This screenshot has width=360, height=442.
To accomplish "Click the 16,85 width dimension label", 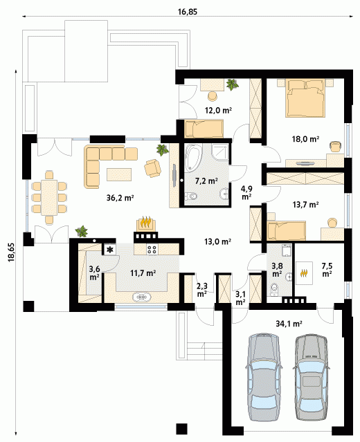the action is pos(188,12).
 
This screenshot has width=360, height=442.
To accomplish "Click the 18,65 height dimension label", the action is pos(12,253).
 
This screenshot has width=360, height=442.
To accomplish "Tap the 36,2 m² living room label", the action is pos(120,198).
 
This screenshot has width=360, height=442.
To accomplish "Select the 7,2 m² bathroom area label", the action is pos(206,181).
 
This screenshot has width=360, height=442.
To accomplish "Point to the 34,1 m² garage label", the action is pos(289,324).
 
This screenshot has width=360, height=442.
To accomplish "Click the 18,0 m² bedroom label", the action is pos(305,139).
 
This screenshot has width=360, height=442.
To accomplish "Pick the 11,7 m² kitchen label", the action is pos(143,273).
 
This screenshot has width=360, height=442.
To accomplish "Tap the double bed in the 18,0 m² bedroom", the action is pos(305,98).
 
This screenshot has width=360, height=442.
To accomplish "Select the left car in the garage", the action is pos(264,374).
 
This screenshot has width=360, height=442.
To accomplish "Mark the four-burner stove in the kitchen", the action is pos(152,249).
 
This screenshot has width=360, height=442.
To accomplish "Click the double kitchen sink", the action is pos(142,297).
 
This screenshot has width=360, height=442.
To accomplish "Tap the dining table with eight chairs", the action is pos(49,197).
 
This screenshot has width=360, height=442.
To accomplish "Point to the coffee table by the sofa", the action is pos(119,174).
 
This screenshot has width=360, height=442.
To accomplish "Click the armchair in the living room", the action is pos(152,168).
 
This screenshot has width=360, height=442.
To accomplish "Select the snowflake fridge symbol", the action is pos(109,250).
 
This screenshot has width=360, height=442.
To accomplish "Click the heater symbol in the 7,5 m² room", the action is pos(304,273).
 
